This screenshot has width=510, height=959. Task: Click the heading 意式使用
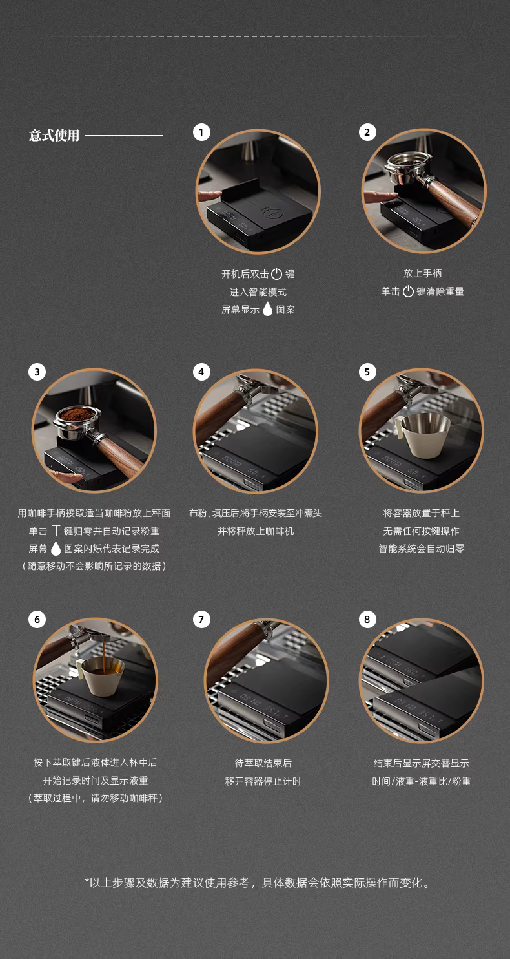pyautogui.click(x=54, y=135)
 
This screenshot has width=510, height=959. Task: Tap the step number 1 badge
pyautogui.click(x=201, y=132)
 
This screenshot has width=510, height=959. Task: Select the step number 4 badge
pyautogui.click(x=201, y=372)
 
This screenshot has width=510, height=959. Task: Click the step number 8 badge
pyautogui.click(x=367, y=619)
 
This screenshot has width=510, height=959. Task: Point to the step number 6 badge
pyautogui.click(x=37, y=619)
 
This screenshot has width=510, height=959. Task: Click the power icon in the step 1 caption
pyautogui.click(x=277, y=273)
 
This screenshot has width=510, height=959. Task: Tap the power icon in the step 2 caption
pyautogui.click(x=408, y=291)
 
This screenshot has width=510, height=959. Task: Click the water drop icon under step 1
pyautogui.click(x=267, y=309)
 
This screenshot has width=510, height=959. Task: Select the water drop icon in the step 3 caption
pyautogui.click(x=56, y=548)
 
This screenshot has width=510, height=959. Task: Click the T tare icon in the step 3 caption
pyautogui.click(x=56, y=531)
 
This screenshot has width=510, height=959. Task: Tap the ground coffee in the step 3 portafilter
pyautogui.click(x=77, y=414)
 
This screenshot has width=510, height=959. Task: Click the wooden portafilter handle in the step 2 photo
pyautogui.click(x=452, y=200)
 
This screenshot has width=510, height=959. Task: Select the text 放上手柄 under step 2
pyautogui.click(x=422, y=273)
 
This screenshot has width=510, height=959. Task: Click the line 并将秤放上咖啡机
pyautogui.click(x=256, y=531)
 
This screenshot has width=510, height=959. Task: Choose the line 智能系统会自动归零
pyautogui.click(x=422, y=549)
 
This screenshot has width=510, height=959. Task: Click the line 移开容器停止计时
pyautogui.click(x=263, y=781)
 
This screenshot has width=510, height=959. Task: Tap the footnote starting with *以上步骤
pyautogui.click(x=257, y=883)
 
